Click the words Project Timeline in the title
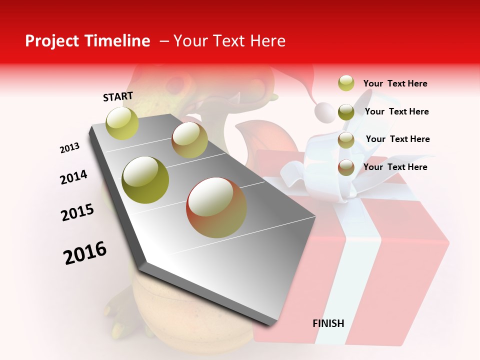pyautogui.click(x=87, y=41)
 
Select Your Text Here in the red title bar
pyautogui.click(x=229, y=41)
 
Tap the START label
pyautogui.click(x=118, y=96)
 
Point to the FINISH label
pyautogui.click(x=328, y=323)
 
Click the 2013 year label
pyautogui.click(x=69, y=148)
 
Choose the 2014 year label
pyautogui.click(x=73, y=177)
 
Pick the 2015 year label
pyautogui.click(x=77, y=212)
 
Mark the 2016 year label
pyautogui.click(x=85, y=252)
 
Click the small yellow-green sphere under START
pyautogui.click(x=122, y=123)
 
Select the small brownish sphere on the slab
pyautogui.click(x=189, y=140)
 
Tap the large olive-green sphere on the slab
pyautogui.click(x=145, y=180)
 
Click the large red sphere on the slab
pyautogui.click(x=216, y=207)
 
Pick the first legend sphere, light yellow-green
pyautogui.click(x=346, y=83)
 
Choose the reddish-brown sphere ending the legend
pyautogui.click(x=346, y=167)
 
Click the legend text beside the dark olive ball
pyautogui.click(x=396, y=111)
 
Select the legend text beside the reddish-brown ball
pyautogui.click(x=395, y=167)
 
